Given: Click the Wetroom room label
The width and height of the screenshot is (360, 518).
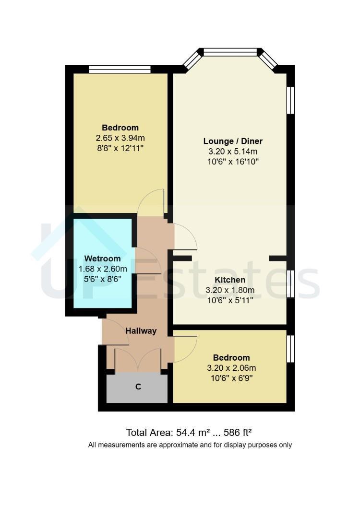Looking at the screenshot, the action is (x=102, y=259).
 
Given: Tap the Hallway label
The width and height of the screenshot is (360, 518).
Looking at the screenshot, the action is (x=141, y=330).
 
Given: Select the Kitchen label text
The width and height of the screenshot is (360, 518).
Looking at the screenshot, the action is (x=230, y=280).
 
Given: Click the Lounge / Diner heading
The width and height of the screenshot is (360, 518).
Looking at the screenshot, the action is (x=233, y=141).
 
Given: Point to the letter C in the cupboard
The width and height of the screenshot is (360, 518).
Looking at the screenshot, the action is (x=138, y=387).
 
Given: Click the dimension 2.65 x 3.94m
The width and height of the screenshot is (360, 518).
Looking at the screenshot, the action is (x=120, y=138).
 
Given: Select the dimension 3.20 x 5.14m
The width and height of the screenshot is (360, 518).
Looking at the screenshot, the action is (x=233, y=152).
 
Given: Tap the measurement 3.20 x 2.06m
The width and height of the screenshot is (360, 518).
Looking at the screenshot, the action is (x=231, y=368).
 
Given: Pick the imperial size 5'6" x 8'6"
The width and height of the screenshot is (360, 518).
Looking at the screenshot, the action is (x=102, y=279).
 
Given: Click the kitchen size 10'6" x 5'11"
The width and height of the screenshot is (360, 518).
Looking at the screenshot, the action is (x=230, y=300).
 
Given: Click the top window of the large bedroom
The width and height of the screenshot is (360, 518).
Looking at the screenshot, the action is (x=120, y=70).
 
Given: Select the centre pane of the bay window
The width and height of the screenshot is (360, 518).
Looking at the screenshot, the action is (x=230, y=52).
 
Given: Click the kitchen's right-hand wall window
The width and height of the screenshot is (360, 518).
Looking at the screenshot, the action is (x=290, y=284).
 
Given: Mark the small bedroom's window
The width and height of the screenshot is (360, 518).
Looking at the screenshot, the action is (x=290, y=349).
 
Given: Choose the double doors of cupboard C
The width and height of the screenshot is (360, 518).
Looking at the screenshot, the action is (x=138, y=359).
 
